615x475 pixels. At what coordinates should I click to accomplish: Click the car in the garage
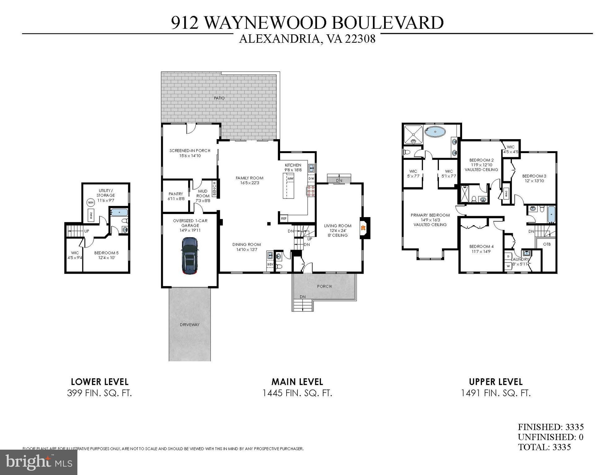(189, 256)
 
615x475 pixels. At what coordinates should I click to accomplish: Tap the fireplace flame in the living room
(363, 228)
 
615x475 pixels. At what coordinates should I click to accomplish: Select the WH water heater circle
(91, 203)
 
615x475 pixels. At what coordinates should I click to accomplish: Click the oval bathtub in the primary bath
(435, 132)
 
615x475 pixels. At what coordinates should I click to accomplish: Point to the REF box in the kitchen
(284, 218)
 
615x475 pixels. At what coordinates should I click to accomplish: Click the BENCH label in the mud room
(214, 189)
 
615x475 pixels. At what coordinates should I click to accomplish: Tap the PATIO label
(219, 98)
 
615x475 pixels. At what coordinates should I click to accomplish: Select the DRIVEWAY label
(190, 325)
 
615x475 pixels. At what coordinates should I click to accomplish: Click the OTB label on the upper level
(547, 244)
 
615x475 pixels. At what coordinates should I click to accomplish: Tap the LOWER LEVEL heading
(100, 382)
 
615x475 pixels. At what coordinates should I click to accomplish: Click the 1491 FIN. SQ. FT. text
(496, 393)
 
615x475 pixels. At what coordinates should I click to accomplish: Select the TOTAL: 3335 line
(544, 447)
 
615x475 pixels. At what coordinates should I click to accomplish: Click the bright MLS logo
(39, 462)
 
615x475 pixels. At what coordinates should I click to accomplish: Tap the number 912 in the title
(185, 23)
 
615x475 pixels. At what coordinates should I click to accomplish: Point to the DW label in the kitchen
(311, 179)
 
